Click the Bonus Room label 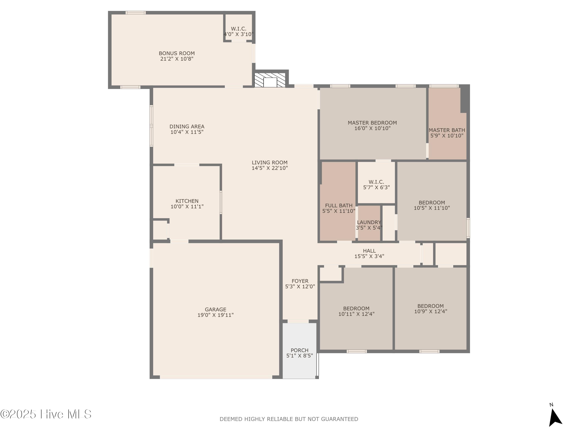pyautogui.click(x=177, y=53)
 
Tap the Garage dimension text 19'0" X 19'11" pyautogui.click(x=216, y=315)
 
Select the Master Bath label pyautogui.click(x=447, y=130)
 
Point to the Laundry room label pyautogui.click(x=369, y=222)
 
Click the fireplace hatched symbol pyautogui.click(x=270, y=80)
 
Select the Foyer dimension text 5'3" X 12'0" pyautogui.click(x=300, y=286)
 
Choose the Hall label pyautogui.click(x=369, y=251)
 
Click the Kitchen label pyautogui.click(x=187, y=201)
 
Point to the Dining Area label pyautogui.click(x=187, y=127)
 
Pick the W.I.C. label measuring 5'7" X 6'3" pyautogui.click(x=376, y=182)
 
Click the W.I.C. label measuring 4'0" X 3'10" pyautogui.click(x=239, y=29)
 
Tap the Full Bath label pyautogui.click(x=339, y=206)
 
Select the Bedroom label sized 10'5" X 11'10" pyautogui.click(x=432, y=203)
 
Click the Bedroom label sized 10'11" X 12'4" pyautogui.click(x=356, y=308)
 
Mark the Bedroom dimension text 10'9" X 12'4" pyautogui.click(x=431, y=311)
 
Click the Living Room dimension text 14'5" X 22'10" pyautogui.click(x=270, y=168)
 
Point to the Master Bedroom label pyautogui.click(x=372, y=123)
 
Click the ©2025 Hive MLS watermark pyautogui.click(x=46, y=414)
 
